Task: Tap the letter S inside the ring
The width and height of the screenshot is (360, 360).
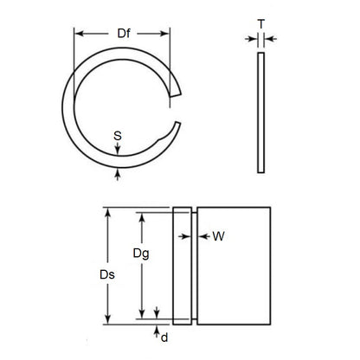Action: (x=118, y=135)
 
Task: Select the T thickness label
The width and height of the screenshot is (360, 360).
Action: (x=260, y=24)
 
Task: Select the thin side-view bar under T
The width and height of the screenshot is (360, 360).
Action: (x=260, y=112)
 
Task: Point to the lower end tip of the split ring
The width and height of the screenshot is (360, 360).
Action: (x=178, y=126)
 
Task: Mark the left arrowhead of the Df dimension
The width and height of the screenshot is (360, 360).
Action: (x=79, y=34)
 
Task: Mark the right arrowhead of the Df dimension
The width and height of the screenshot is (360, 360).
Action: (x=167, y=34)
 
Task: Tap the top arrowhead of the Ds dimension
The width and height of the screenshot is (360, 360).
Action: (x=106, y=210)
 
